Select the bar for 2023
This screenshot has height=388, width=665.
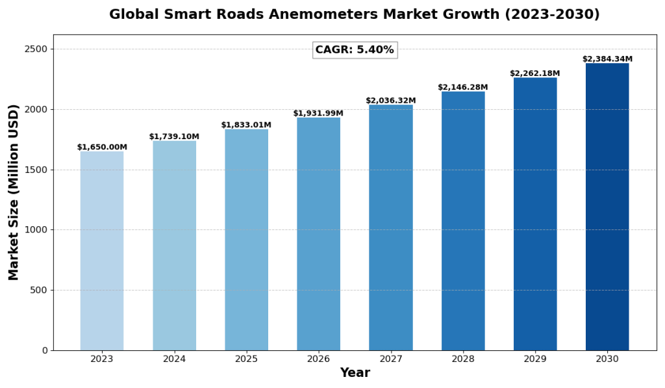(x=102, y=251)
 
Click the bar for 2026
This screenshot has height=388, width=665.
(x=318, y=234)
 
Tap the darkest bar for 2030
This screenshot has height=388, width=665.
(x=607, y=207)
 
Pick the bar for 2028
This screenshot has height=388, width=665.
(x=463, y=221)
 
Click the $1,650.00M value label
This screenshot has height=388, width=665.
(x=102, y=148)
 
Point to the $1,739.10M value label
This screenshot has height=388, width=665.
(x=174, y=136)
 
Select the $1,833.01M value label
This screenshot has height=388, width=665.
(x=246, y=125)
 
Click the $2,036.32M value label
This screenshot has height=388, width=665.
(x=390, y=101)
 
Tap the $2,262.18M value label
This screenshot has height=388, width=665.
(x=534, y=73)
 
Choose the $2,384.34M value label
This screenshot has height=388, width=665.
(x=607, y=59)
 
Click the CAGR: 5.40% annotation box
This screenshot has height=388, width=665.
(x=355, y=50)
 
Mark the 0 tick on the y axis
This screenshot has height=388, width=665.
(x=45, y=350)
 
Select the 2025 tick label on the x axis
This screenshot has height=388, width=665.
(x=246, y=359)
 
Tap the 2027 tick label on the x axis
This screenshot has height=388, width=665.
(x=390, y=359)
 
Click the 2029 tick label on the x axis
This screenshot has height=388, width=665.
(x=534, y=359)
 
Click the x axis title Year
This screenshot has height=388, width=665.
(x=355, y=373)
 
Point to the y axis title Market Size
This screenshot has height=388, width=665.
(x=14, y=192)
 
